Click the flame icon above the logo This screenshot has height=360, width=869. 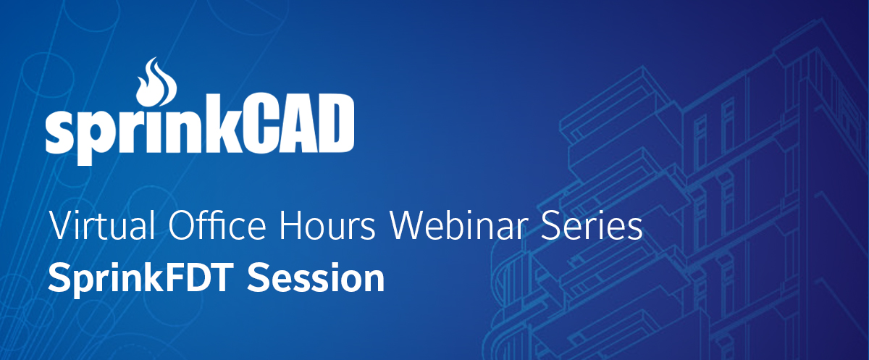point(156,83)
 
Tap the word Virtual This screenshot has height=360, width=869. point(101,225)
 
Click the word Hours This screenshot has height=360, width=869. point(327,226)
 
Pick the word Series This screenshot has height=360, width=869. point(592,226)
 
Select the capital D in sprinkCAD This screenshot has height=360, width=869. point(335,124)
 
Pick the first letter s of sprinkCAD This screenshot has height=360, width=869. point(61,131)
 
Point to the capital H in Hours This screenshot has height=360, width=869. point(290,225)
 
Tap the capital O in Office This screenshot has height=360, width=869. point(181,225)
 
